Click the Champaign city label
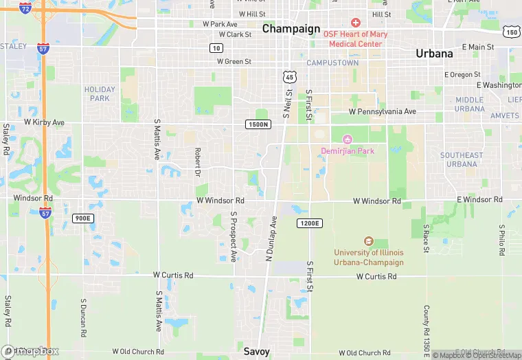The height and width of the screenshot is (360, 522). pos(291,29)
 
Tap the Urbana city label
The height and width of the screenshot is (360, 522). pos(434,53)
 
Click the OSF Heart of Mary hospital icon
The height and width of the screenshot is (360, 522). pos(355,23)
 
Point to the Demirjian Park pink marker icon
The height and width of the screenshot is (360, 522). pos(347,139)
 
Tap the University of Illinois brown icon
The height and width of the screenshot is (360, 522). pos(369,241)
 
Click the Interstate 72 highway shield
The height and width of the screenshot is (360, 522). pos(25,8)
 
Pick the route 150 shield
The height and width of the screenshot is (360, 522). pos(510,32)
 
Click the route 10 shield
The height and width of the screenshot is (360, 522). pos(216,47)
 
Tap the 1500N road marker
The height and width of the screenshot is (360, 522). pos(258,124)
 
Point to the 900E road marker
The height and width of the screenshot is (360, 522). pos(82,218)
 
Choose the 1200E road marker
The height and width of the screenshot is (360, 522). pos(309,223)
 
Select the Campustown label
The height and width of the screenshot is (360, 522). pos(332,63)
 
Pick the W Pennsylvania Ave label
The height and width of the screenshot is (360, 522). pos(383,111)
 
